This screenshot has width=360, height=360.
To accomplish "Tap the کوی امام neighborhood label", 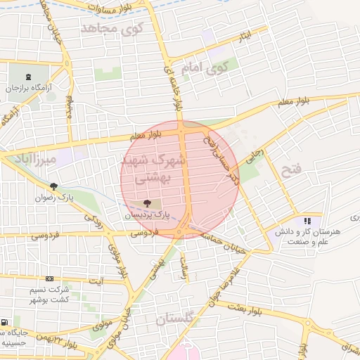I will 206,68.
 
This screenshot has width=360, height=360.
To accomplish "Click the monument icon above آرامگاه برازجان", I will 28,77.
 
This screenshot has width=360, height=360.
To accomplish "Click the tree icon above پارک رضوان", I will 53,186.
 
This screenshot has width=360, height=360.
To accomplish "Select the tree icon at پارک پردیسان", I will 156,203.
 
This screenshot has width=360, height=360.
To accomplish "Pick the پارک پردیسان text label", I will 148,214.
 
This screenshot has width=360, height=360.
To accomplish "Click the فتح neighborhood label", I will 290,169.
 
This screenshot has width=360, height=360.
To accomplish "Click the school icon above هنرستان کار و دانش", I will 307,221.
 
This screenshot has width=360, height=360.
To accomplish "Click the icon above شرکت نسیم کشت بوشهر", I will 49,279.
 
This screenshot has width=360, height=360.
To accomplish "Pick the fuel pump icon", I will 6,323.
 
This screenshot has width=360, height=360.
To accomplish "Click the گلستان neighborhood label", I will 178,319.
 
